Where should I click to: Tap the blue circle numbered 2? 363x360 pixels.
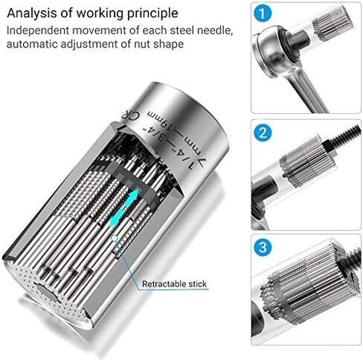tap(261, 133)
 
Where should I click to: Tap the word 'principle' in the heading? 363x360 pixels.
tap(152, 13)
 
